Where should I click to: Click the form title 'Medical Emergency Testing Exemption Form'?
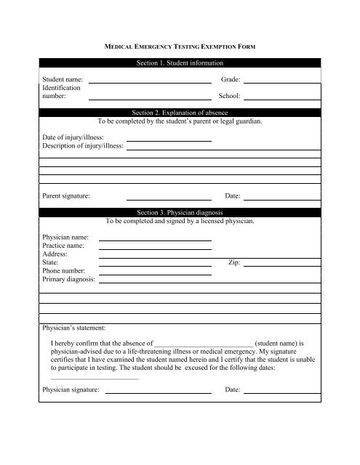click(x=180, y=45)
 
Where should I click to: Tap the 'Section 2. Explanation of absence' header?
click(x=180, y=113)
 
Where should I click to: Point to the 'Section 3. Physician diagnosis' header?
click(x=180, y=211)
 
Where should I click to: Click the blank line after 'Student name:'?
click(x=149, y=81)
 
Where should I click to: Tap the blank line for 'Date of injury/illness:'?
click(x=169, y=139)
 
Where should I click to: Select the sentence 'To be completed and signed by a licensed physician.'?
click(x=180, y=219)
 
